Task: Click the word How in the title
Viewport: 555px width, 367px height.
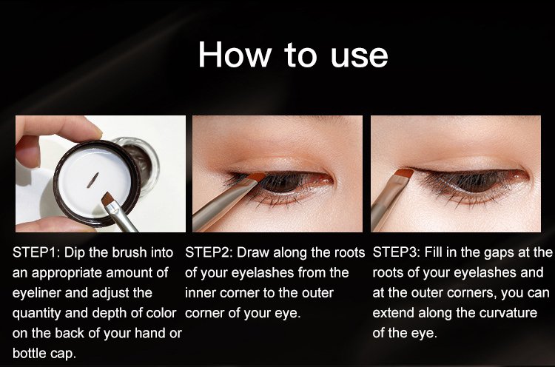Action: pyautogui.click(x=235, y=54)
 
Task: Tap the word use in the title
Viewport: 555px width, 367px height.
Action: pyautogui.click(x=359, y=57)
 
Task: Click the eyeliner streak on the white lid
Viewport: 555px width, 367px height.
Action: pyautogui.click(x=92, y=180)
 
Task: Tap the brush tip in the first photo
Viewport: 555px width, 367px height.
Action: pyautogui.click(x=108, y=200)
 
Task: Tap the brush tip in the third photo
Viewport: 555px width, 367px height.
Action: pyautogui.click(x=404, y=173)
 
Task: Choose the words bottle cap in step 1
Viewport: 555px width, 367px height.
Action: pyautogui.click(x=44, y=353)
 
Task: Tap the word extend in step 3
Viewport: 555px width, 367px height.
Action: pyautogui.click(x=393, y=313)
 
